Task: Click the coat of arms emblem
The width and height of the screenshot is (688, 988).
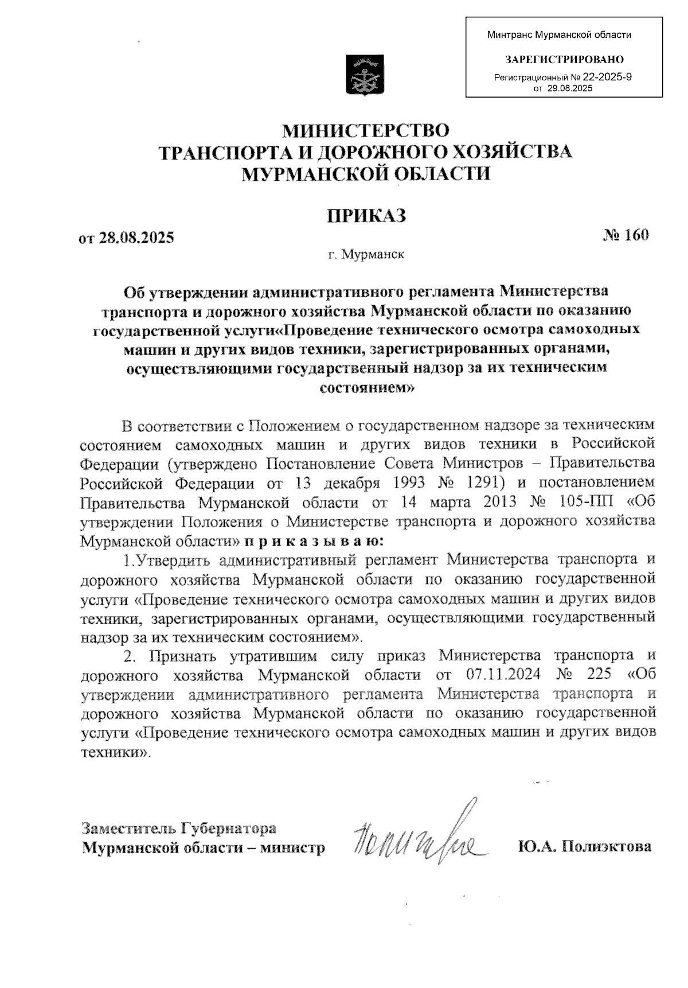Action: pos(364,75)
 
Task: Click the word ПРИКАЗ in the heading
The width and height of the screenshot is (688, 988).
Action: pos(366,216)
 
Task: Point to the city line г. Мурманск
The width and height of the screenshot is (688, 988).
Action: pos(366,254)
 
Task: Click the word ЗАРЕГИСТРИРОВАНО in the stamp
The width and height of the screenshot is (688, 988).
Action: pos(564,59)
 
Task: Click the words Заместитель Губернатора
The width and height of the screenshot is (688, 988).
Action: pos(179,828)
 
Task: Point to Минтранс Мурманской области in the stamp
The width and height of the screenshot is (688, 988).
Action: pos(559,35)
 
